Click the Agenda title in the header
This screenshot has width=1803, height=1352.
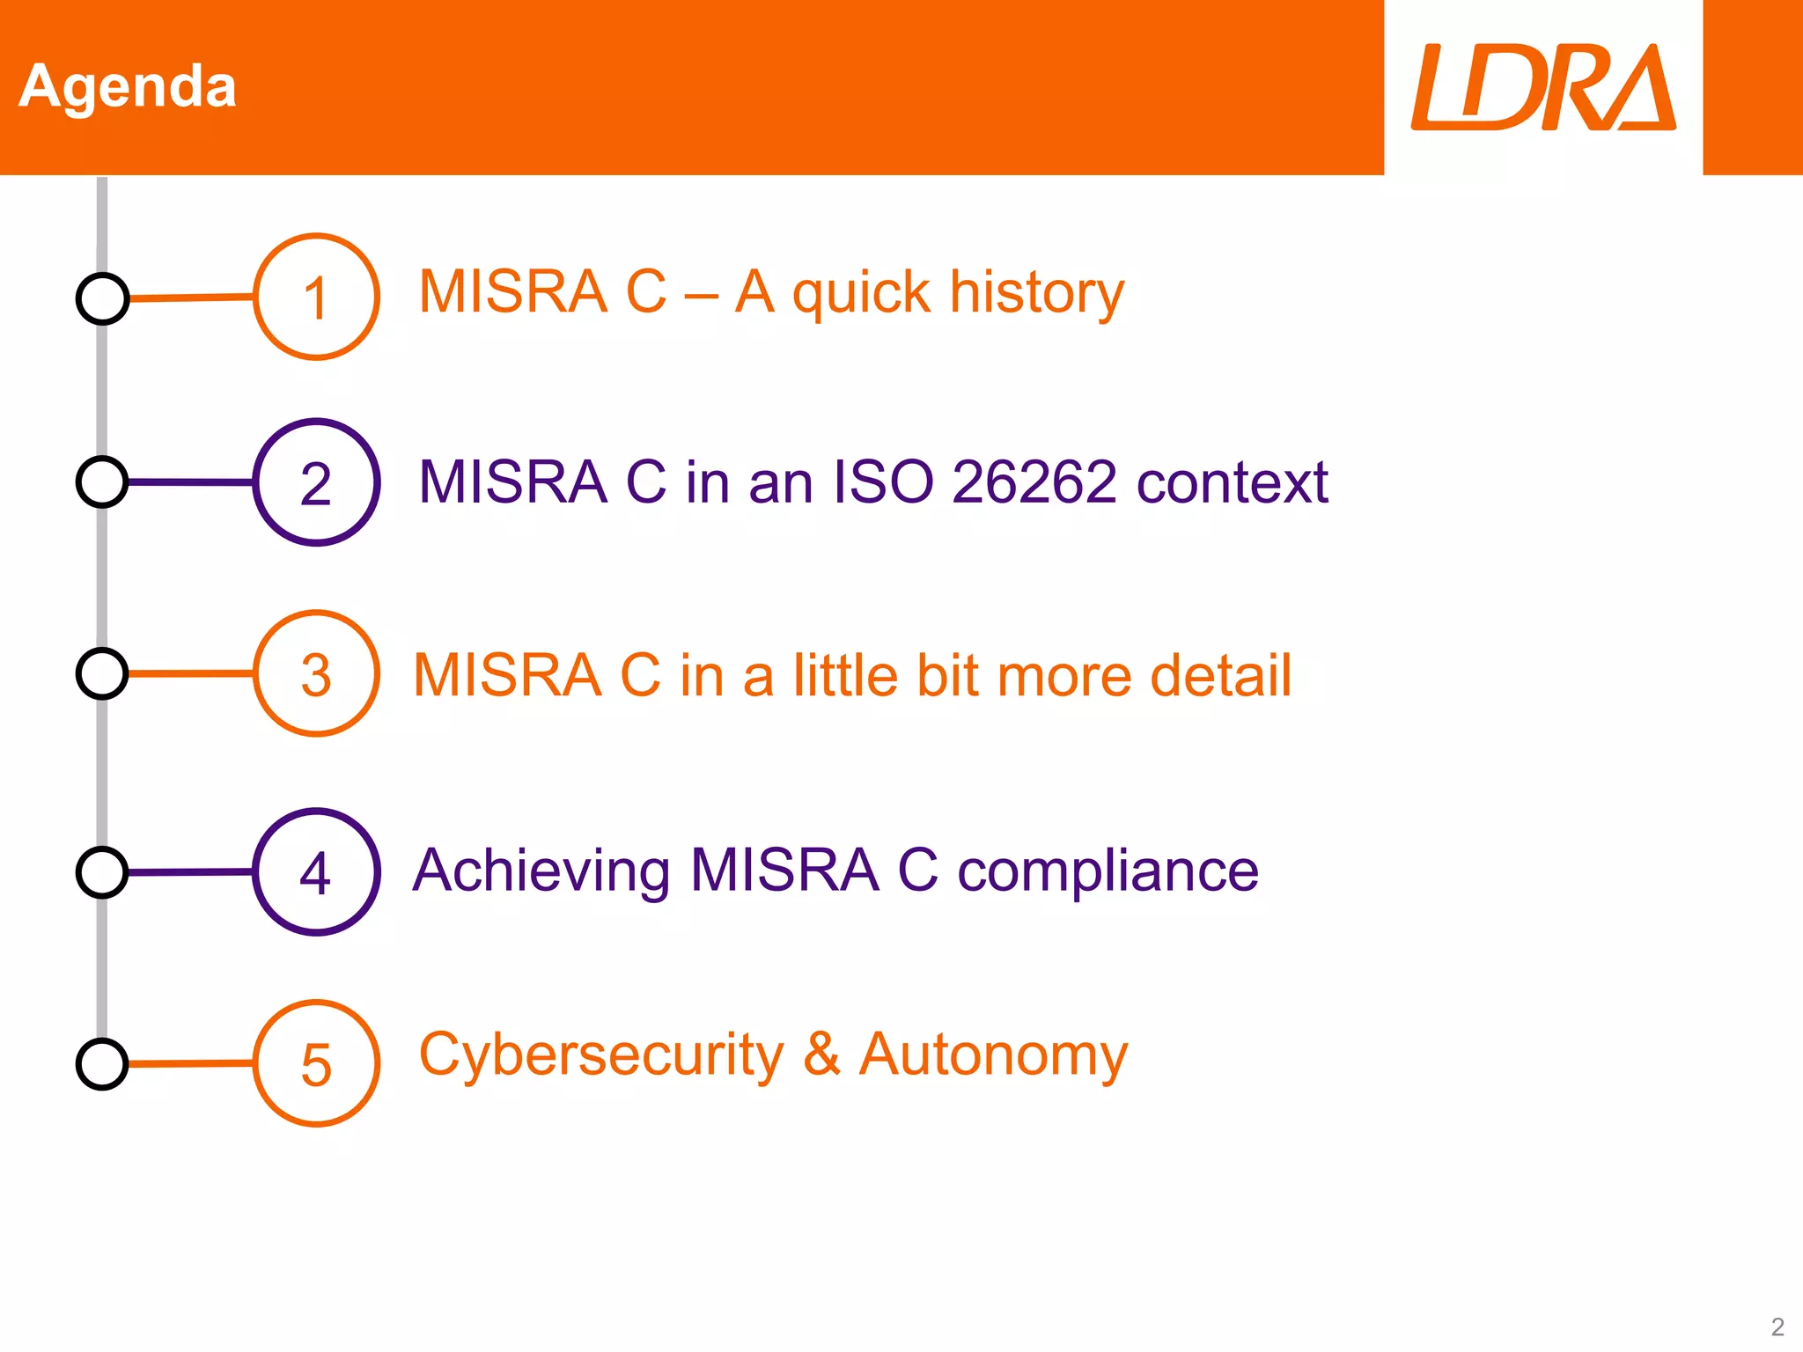tap(128, 86)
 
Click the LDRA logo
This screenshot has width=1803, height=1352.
tap(1542, 88)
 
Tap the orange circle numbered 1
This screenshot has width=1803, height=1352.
tap(316, 297)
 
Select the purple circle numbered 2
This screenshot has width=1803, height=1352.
tap(316, 482)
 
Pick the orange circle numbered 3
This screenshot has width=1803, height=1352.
tap(316, 673)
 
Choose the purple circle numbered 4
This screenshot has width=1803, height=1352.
tap(316, 871)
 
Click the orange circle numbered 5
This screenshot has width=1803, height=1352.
tap(316, 1063)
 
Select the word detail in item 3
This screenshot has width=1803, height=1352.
tap(1220, 675)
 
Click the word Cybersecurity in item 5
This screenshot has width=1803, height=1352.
tap(600, 1054)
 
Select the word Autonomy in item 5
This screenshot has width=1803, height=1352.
tap(993, 1054)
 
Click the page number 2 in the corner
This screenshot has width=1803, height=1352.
tap(1777, 1326)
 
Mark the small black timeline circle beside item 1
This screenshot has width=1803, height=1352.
tap(102, 298)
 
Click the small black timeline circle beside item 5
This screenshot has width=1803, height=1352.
tap(102, 1064)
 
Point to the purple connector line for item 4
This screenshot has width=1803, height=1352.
tap(191, 872)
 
